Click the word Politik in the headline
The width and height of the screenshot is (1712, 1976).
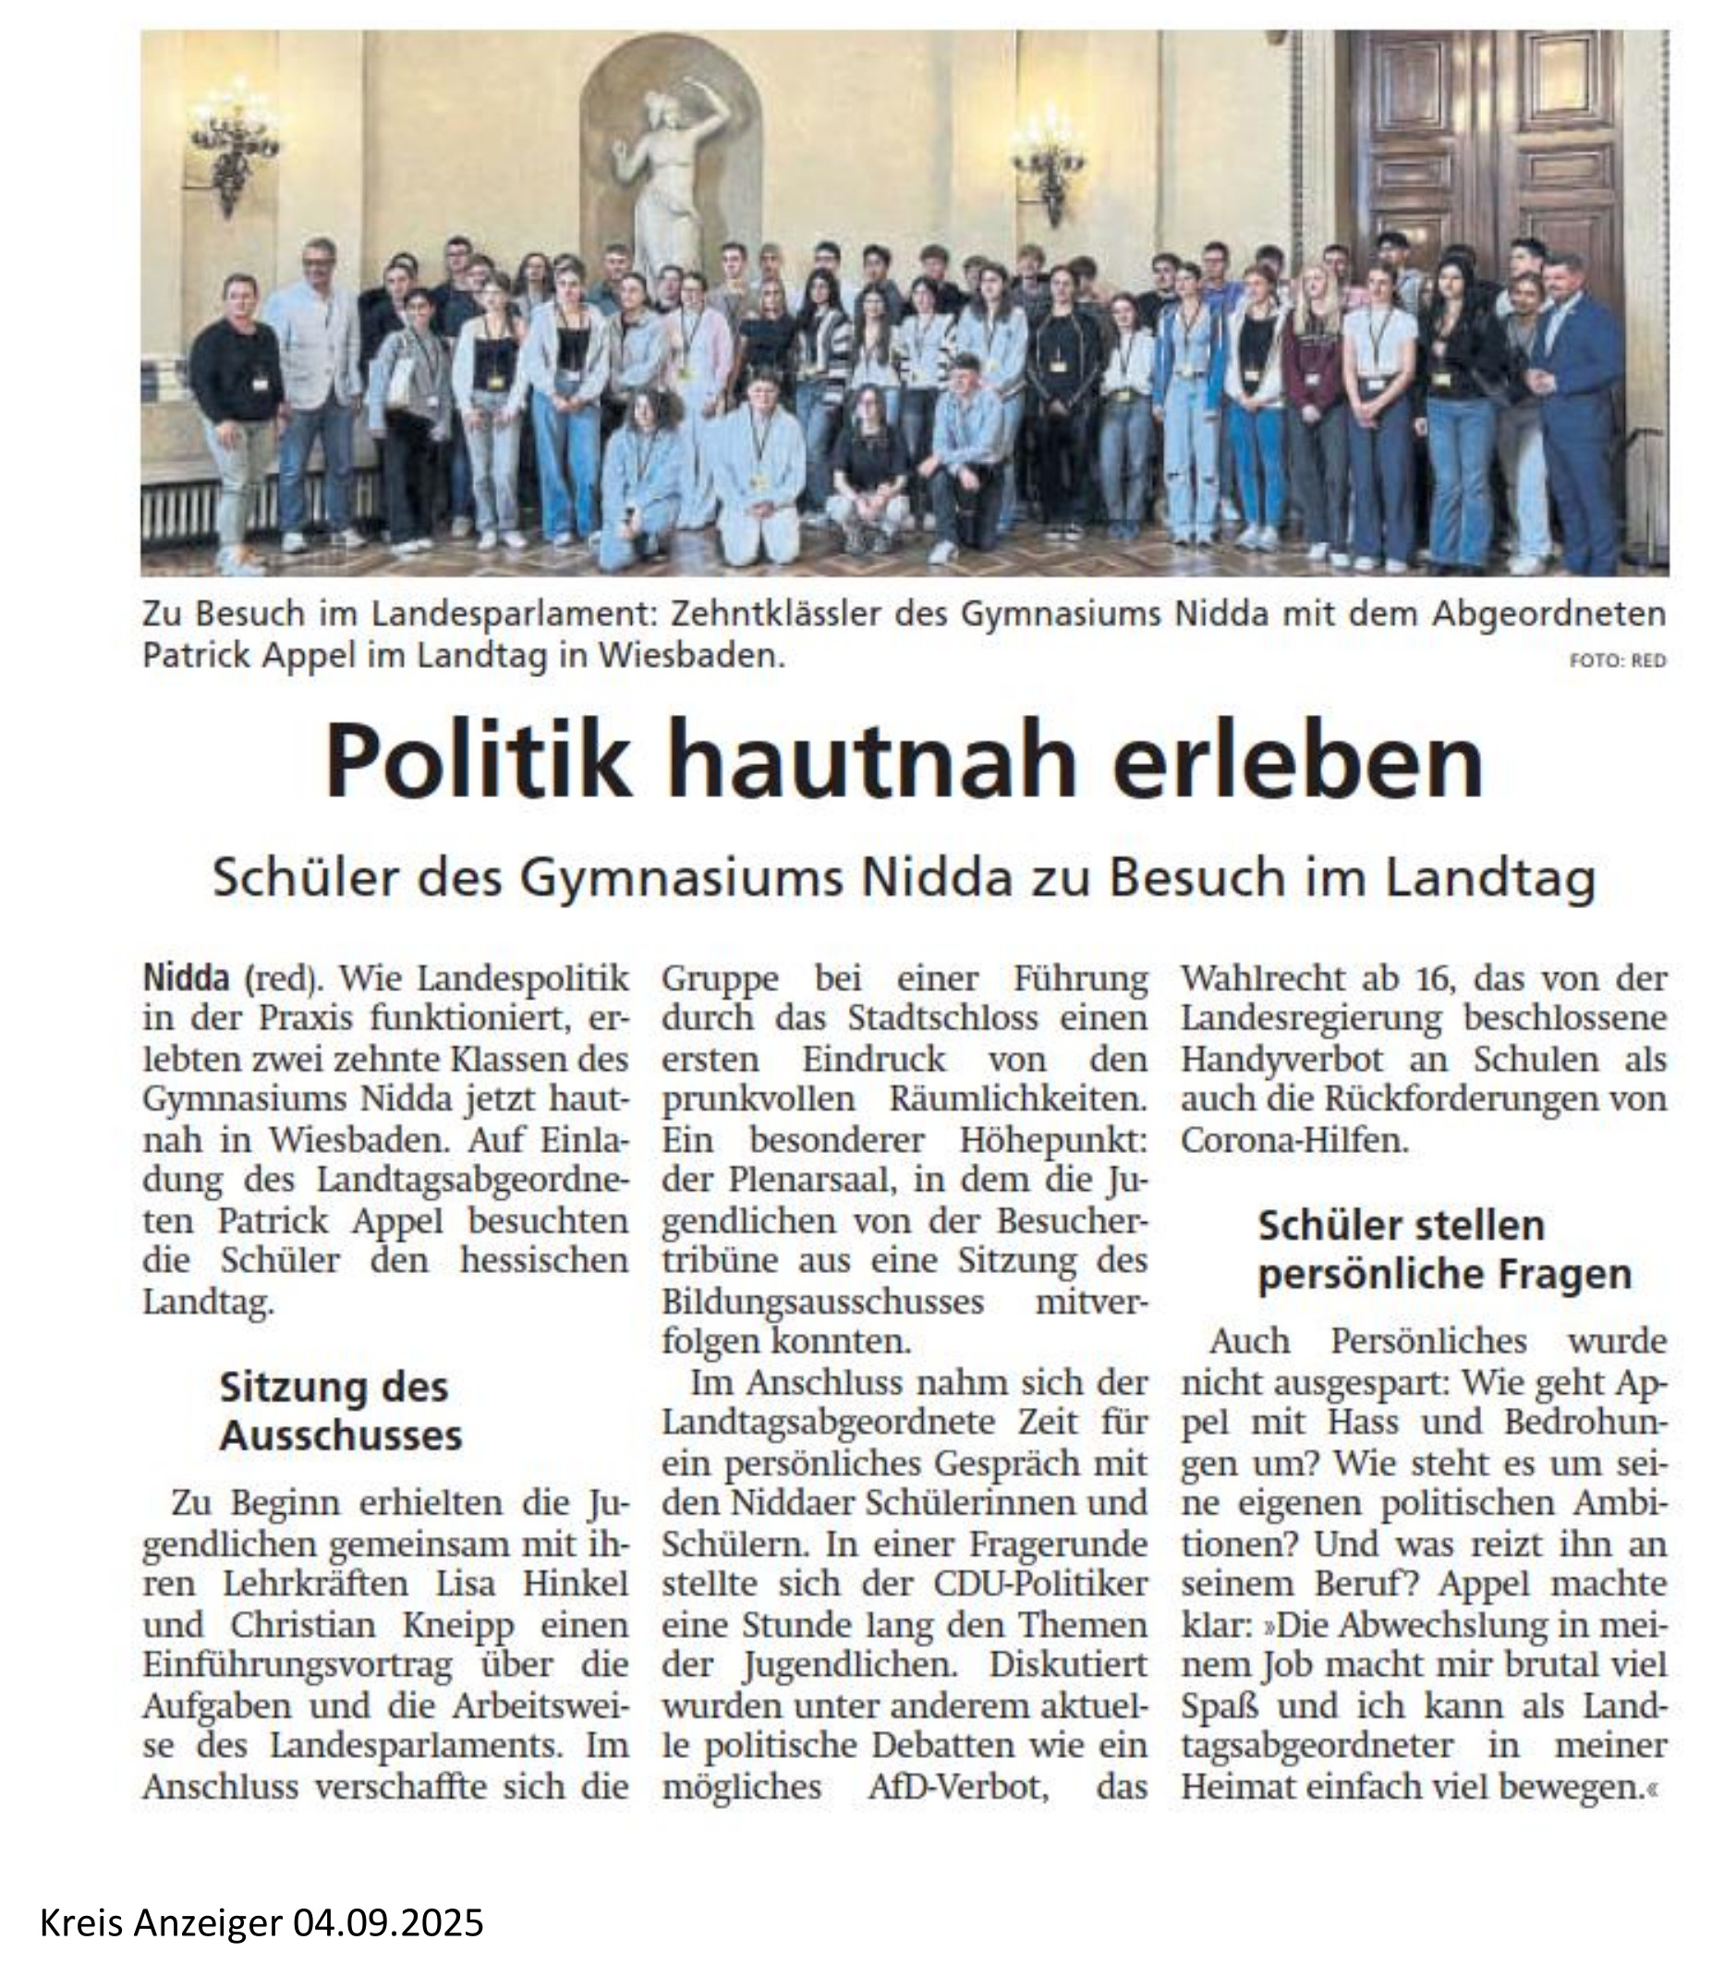[478, 760]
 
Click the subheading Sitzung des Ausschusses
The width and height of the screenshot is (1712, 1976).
[340, 1411]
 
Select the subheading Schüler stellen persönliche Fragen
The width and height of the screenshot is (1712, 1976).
[1443, 1250]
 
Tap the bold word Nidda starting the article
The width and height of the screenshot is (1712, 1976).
[187, 979]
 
